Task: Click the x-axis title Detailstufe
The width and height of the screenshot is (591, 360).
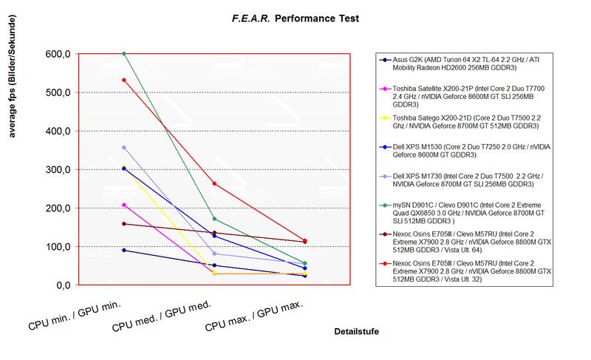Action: click(x=356, y=332)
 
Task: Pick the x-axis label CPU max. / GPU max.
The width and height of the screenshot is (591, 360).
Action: click(x=255, y=314)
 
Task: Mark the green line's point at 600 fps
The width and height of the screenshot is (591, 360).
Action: click(x=124, y=53)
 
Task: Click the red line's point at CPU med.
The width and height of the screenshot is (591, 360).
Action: click(x=214, y=183)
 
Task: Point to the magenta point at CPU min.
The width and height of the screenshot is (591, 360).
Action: click(x=124, y=205)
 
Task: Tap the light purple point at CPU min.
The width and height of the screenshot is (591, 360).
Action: click(x=124, y=148)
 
